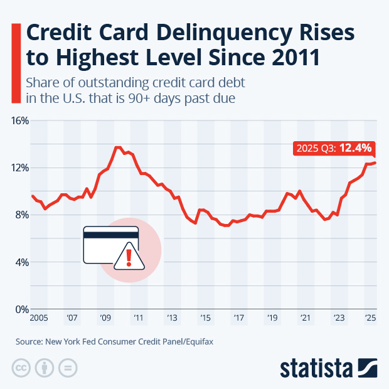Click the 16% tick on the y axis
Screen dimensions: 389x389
click(21, 120)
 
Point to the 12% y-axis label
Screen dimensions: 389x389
click(21, 168)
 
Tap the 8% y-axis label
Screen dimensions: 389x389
click(23, 215)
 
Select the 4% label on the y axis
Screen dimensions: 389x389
click(23, 262)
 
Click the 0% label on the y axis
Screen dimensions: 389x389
click(23, 309)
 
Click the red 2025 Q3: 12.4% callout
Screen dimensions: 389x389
click(334, 148)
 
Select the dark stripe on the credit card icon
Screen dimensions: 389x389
click(111, 235)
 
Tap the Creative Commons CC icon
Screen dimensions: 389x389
click(21, 368)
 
